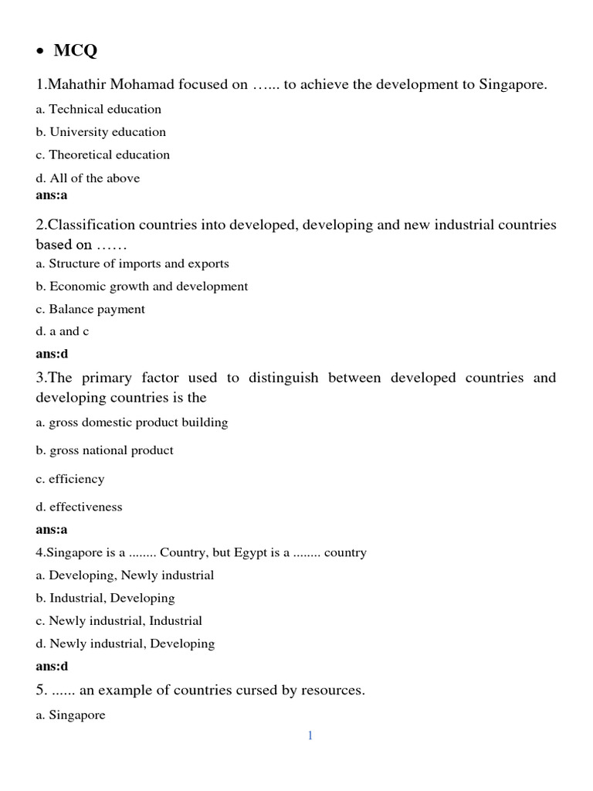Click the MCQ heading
click(76, 51)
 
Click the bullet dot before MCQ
click(40, 53)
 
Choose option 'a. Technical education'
click(99, 109)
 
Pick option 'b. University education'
click(100, 132)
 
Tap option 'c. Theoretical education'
click(103, 154)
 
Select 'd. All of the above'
click(88, 178)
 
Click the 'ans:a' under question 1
click(52, 195)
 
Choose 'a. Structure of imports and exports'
click(132, 263)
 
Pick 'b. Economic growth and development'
click(142, 287)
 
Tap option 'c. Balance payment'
click(90, 309)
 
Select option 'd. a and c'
click(63, 331)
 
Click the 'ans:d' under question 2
click(52, 354)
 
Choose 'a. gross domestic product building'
click(132, 423)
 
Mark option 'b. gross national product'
click(104, 450)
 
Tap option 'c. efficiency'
click(69, 479)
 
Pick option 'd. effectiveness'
click(79, 507)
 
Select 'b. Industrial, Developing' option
click(105, 598)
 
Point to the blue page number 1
click(310, 736)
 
